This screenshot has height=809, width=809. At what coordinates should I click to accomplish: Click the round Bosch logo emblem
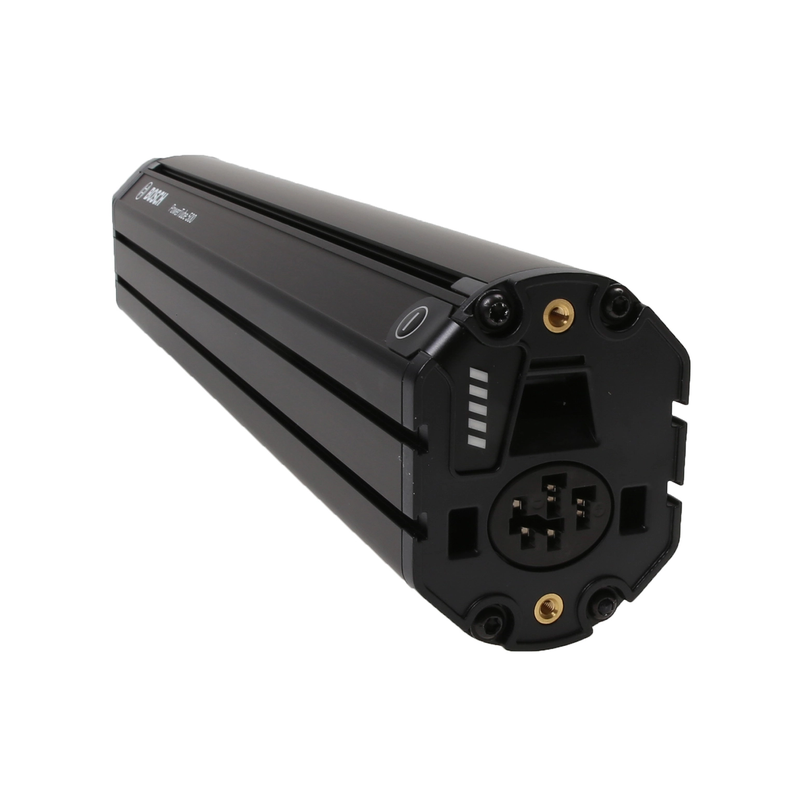[140, 190]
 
